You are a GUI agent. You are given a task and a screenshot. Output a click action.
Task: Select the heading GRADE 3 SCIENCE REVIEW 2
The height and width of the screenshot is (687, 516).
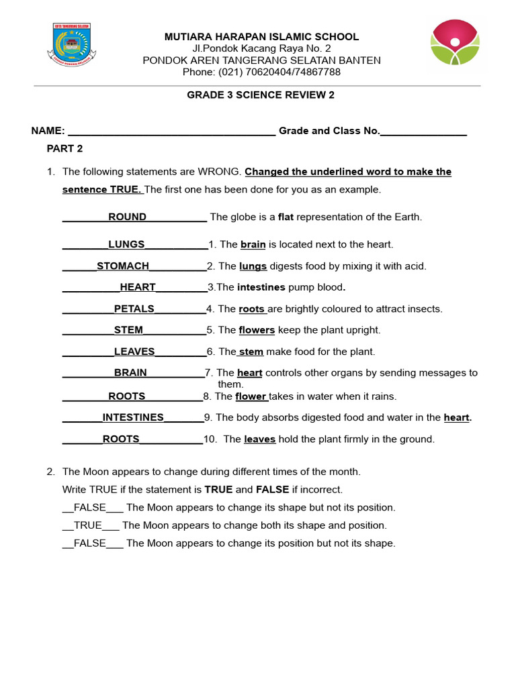point(260,95)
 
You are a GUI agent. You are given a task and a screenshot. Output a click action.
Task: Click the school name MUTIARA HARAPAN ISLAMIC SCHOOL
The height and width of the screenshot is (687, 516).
point(262,37)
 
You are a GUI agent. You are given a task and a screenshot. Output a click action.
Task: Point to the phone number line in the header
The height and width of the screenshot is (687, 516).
point(262,72)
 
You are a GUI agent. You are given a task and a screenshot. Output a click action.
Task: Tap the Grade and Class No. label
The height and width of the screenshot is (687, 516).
point(329,131)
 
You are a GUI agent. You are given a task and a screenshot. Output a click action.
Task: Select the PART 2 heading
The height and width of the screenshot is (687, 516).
point(64,148)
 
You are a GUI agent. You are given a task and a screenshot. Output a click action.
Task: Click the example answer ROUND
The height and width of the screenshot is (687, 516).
point(127,217)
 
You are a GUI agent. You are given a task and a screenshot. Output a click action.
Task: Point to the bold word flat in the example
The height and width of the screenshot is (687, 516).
point(286,217)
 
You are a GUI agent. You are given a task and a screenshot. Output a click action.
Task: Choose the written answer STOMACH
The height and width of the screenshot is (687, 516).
point(123,266)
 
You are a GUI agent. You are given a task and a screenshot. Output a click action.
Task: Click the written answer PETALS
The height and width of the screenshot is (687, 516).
point(134,309)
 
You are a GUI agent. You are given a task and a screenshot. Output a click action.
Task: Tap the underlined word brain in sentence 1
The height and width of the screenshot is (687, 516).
point(253,245)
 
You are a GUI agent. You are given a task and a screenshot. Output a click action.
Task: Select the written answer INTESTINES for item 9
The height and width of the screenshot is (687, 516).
point(133,418)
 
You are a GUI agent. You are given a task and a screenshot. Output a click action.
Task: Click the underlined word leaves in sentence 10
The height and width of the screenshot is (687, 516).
point(259,439)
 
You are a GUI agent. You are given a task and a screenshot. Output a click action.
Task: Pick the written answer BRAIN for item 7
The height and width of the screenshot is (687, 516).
point(130,373)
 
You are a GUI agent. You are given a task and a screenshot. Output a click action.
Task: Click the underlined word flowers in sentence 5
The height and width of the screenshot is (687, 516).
point(257,330)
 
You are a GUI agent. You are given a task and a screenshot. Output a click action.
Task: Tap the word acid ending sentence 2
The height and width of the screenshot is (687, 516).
point(415,266)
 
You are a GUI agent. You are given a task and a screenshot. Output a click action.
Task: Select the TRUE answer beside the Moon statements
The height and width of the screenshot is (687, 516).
point(88,525)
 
